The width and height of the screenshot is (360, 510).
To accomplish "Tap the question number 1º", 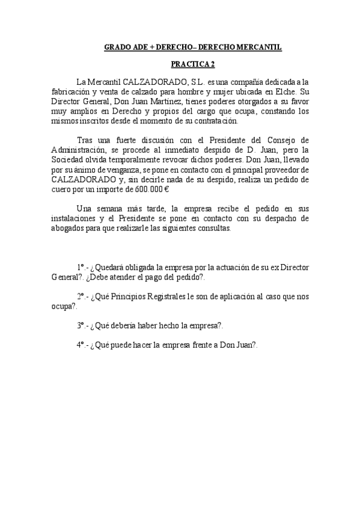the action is pyautogui.click(x=81, y=266).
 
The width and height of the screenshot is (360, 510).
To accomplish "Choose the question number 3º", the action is pyautogui.click(x=81, y=325).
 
